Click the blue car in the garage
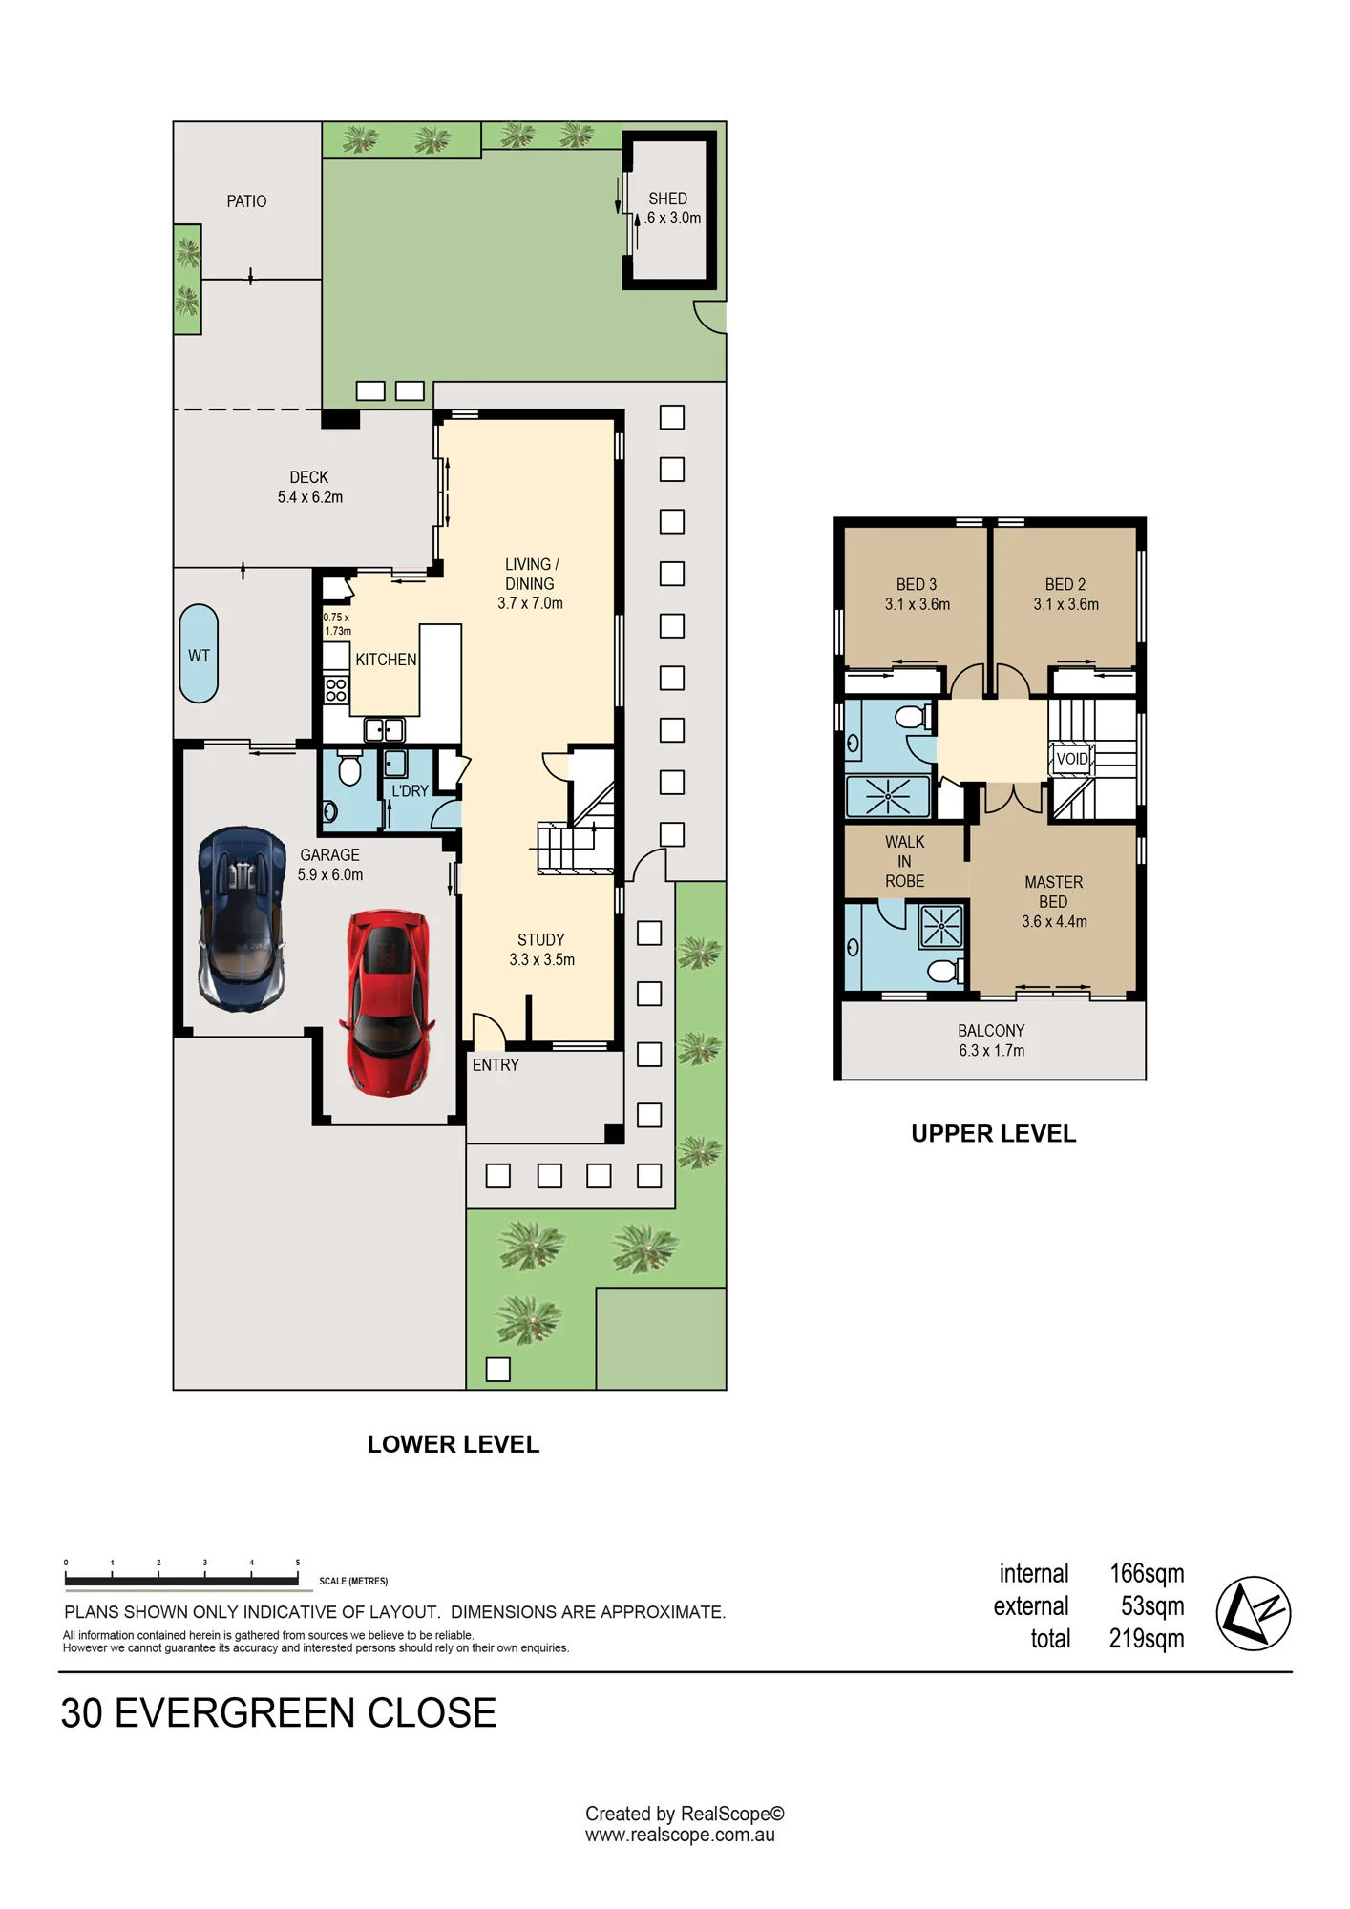pos(243,919)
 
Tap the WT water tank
pos(199,654)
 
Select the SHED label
pos(667,199)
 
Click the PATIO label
pos(246,201)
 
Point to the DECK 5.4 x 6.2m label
pos(309,487)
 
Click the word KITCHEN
pos(386,660)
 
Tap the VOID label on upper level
pos(1072,759)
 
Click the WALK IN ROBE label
pos(904,861)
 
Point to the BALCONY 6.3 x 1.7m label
pos(991,1040)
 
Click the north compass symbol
pos(1253,1613)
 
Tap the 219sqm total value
pos(1147,1638)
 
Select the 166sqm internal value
pos(1147,1573)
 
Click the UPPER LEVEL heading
pos(993,1134)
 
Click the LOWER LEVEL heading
pos(454,1444)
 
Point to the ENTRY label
pos(496,1064)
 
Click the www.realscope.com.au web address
pos(680,1835)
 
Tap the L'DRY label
pos(410,791)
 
